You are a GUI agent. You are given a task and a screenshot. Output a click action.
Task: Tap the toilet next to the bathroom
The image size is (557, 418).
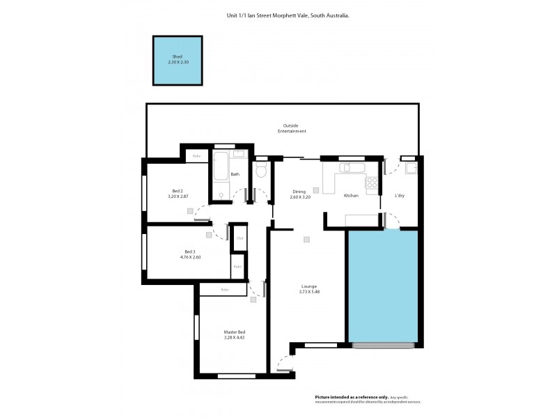pyautogui.click(x=262, y=171)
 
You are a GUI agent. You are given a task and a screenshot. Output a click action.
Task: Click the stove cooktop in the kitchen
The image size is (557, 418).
pyautogui.click(x=372, y=184)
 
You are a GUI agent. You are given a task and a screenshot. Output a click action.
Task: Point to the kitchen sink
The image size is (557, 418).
pyautogui.click(x=346, y=168)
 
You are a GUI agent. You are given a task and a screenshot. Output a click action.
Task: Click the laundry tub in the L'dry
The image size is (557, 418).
pyautogui.click(x=411, y=168)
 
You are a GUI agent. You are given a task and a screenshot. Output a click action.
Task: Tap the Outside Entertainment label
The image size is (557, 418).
pyautogui.click(x=290, y=128)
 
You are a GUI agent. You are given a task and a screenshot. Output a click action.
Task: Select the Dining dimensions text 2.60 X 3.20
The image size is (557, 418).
pyautogui.click(x=300, y=197)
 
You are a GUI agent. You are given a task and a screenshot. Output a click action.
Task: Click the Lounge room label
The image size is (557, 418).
pyautogui.click(x=309, y=286)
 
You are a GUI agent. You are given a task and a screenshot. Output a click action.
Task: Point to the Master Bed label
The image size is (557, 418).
pyautogui.click(x=234, y=332)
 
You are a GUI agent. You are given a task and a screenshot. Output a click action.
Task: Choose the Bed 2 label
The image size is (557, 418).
pyautogui.click(x=178, y=191)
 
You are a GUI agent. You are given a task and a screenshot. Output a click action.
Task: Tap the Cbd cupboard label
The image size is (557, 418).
pyautogui.click(x=239, y=239)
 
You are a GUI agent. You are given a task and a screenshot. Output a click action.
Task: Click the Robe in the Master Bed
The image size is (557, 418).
pyautogui.click(x=224, y=289)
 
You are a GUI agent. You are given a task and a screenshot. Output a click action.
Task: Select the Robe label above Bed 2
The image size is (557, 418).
pyautogui.click(x=196, y=156)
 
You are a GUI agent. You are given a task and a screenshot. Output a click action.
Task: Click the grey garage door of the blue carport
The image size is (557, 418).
pyautogui.click(x=384, y=346)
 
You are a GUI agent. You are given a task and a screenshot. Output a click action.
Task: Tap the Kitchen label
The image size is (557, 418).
pyautogui.click(x=351, y=196)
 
